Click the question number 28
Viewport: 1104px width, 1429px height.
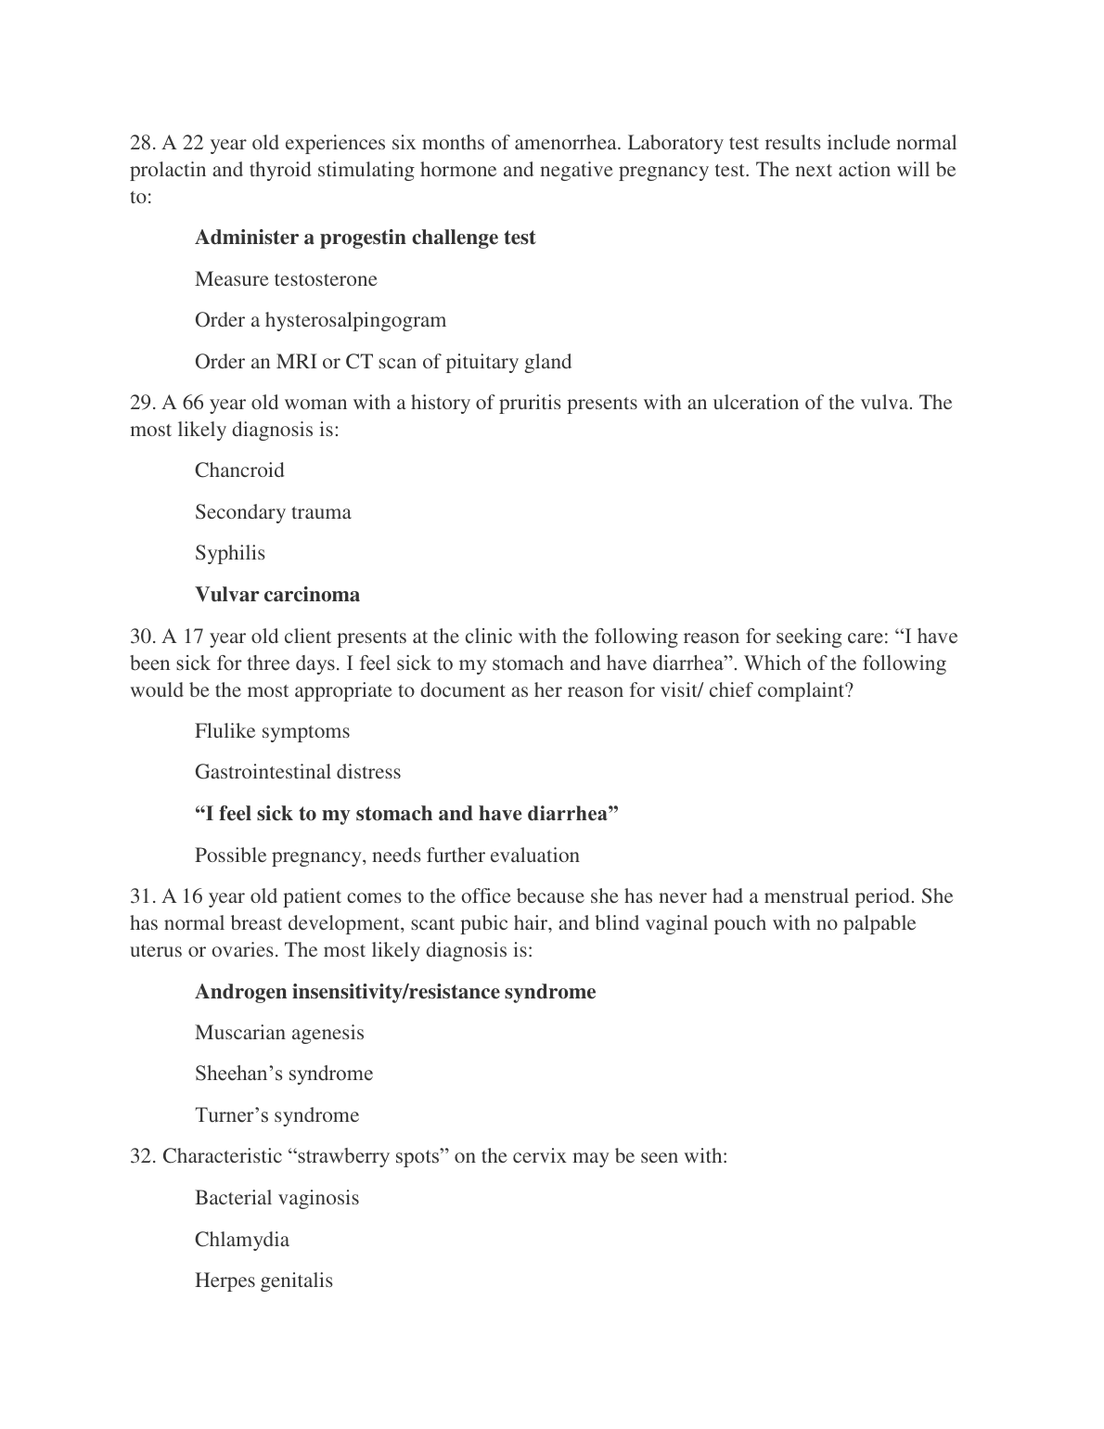[x=141, y=144]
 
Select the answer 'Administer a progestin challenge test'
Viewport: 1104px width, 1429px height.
[x=365, y=238]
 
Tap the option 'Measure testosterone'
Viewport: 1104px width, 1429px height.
[x=286, y=279]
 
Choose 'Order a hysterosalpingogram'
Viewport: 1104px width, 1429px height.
[x=320, y=320]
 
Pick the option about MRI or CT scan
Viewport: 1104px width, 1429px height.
[x=382, y=362]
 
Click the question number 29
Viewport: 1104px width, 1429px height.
[x=141, y=403]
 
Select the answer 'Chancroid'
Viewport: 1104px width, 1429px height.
[x=239, y=470]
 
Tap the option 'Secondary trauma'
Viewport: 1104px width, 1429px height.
[x=273, y=512]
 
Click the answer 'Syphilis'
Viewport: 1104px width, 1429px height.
[x=230, y=553]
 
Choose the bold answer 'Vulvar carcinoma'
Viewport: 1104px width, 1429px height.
[x=277, y=595]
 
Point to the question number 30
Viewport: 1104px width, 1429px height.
[x=141, y=637]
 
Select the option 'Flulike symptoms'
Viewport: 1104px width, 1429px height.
[x=272, y=731]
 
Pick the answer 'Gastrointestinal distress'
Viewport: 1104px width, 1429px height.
[x=298, y=772]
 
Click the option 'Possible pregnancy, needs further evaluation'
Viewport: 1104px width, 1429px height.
[x=387, y=856]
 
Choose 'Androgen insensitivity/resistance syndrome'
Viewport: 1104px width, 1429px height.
[x=395, y=992]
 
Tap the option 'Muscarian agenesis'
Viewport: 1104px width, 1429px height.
[x=279, y=1033]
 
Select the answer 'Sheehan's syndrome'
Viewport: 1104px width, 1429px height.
[x=284, y=1074]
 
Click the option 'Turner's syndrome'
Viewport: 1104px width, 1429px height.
[x=276, y=1115]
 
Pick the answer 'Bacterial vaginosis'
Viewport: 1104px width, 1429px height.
[x=276, y=1198]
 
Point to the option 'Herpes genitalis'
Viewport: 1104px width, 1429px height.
[x=263, y=1281]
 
